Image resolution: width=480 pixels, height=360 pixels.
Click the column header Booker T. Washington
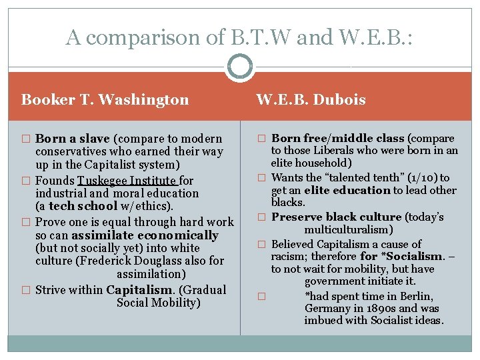tap(105, 100)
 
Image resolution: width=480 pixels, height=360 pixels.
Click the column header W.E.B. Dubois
tap(311, 100)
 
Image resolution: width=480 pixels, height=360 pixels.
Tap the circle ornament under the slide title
tap(239, 67)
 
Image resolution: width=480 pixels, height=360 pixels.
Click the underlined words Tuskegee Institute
tap(127, 180)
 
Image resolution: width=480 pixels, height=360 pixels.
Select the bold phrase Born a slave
tap(73, 139)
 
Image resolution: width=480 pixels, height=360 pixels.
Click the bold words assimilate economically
tap(145, 235)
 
